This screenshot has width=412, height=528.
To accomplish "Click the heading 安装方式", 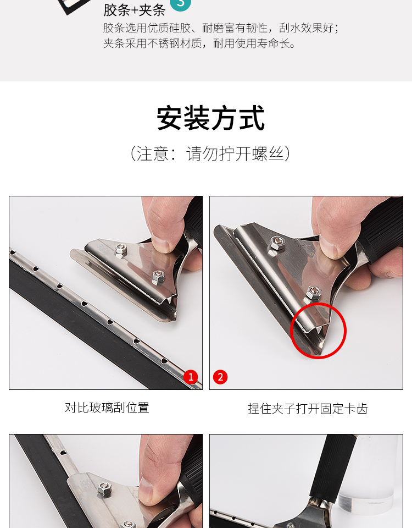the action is pos(210,118).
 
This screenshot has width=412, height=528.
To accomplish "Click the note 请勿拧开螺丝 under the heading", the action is pos(235,153).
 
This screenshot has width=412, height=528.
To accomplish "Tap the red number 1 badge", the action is pos(191,377).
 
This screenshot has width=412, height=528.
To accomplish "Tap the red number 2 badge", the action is pos(220,377).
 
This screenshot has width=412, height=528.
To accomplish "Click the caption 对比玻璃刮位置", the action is pos(107,408).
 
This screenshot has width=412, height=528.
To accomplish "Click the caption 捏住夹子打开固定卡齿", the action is pos(308,409).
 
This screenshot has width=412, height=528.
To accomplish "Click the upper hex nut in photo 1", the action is pos(121,250).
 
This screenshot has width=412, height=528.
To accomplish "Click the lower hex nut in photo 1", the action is pos(158,277).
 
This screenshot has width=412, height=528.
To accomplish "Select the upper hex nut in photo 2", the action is pos(276,242).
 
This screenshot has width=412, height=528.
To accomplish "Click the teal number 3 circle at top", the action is pos(180,3).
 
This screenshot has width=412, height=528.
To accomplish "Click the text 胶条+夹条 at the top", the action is pos(134,10).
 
